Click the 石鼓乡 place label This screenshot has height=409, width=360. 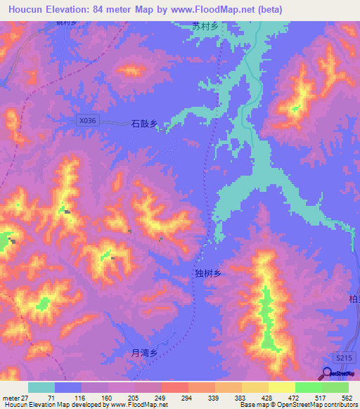click(143, 123)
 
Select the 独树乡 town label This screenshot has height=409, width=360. click(207, 273)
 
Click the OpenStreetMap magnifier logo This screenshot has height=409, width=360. click(328, 375)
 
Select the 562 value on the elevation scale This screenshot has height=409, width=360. click(348, 397)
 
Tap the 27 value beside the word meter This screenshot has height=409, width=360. click(25, 397)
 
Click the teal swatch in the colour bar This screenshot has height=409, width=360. click(41, 387)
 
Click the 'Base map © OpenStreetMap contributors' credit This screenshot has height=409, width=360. click(298, 405)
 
